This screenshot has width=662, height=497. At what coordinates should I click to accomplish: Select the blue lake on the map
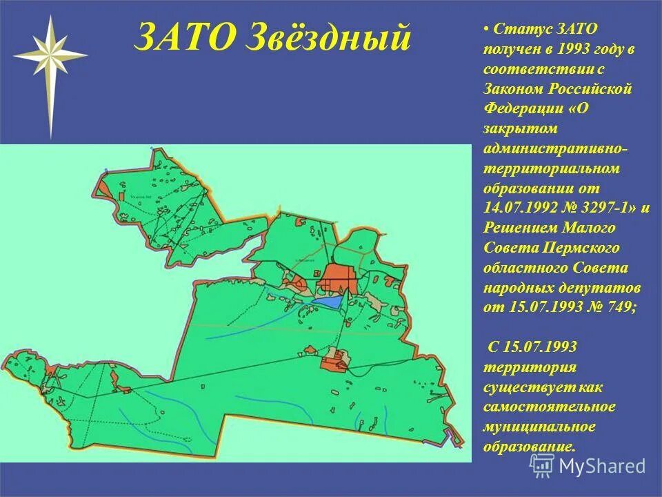(x=326, y=301)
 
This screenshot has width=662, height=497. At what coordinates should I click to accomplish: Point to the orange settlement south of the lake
(x=334, y=361)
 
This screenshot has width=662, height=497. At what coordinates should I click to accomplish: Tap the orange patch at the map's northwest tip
(x=103, y=186)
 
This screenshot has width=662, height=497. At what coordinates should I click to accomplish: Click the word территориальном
(x=551, y=168)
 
